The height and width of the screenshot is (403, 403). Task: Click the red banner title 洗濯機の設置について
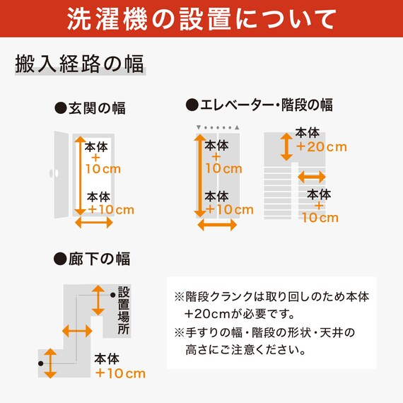pos(201,19)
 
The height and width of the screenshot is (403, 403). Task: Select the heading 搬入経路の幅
pos(79,64)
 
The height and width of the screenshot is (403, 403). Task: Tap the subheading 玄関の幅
pos(90,108)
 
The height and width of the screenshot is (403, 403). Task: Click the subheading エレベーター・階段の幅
pos(259,105)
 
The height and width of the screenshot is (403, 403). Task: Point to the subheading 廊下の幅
pos(92,259)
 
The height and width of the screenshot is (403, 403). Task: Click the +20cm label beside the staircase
pos(321,147)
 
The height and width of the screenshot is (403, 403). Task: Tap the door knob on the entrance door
pos(54,173)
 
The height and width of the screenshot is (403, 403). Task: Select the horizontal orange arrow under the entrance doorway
pos(94,223)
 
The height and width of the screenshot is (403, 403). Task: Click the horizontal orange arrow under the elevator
pos(217,225)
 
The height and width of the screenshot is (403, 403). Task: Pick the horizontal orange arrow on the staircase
pos(312,177)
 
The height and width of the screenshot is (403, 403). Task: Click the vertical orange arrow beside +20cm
pos(286,147)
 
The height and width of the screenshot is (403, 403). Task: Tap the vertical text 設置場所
pos(124,310)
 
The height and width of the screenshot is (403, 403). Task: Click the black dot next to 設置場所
pos(113,295)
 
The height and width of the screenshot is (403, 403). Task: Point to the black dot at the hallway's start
pos(40,363)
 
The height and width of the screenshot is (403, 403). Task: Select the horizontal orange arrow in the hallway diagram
pos(77,331)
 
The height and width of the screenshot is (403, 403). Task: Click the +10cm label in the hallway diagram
pos(120,373)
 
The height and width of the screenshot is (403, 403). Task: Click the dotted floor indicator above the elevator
pos(218,127)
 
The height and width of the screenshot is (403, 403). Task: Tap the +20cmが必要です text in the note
pos(239,314)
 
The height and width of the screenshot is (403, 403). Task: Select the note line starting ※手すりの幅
pos(264,332)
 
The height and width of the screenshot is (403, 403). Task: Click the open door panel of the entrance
pos(62,175)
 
